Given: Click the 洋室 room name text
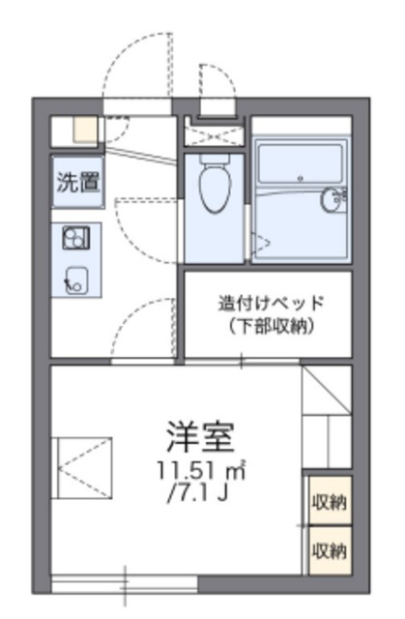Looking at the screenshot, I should point(200,438).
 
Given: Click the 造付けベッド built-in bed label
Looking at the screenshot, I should point(269,302).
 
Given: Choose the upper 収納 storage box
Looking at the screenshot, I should point(329,502).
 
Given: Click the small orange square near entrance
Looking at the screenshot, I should point(85,129).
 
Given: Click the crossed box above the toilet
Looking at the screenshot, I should point(212,133).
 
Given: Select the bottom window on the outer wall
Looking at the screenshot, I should point(123,584).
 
